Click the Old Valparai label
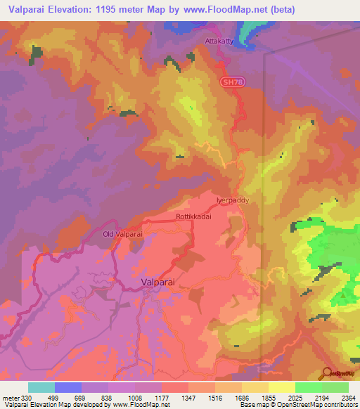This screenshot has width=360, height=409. [x=122, y=234]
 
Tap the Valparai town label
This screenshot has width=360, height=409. [x=157, y=281]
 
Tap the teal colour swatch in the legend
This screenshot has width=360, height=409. [x=41, y=387]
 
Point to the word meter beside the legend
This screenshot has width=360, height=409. [x=10, y=398]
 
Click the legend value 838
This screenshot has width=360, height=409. [x=109, y=398]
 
